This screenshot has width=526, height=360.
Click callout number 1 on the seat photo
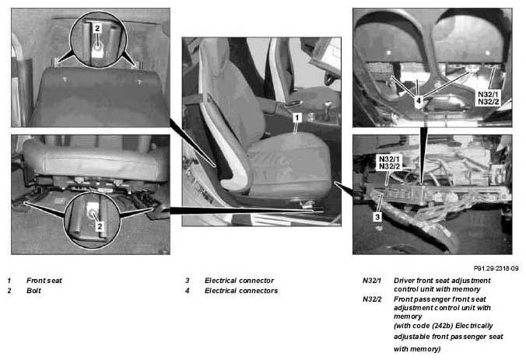297,117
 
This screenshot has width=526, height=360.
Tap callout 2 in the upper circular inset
97,28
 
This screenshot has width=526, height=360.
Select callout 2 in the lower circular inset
100,226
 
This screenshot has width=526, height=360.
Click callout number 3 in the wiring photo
377,217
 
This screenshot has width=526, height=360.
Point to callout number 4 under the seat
419,100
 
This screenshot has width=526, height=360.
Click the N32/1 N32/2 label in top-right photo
488,98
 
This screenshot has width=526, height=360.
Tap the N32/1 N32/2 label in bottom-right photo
389,163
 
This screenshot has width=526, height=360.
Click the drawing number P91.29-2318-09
496,268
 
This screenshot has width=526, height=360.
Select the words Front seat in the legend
44,281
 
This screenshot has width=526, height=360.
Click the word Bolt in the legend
33,291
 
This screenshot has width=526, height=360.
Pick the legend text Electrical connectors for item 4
241,291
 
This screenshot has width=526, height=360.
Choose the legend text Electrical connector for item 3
239,281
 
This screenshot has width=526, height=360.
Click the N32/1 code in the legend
372,281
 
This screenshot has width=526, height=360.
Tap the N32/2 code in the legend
372,299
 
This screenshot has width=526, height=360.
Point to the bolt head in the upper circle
97,47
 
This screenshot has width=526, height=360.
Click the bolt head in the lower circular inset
92,212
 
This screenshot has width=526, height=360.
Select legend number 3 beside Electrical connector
188,281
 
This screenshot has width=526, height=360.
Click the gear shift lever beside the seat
327,109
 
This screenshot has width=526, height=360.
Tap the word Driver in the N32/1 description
404,281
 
